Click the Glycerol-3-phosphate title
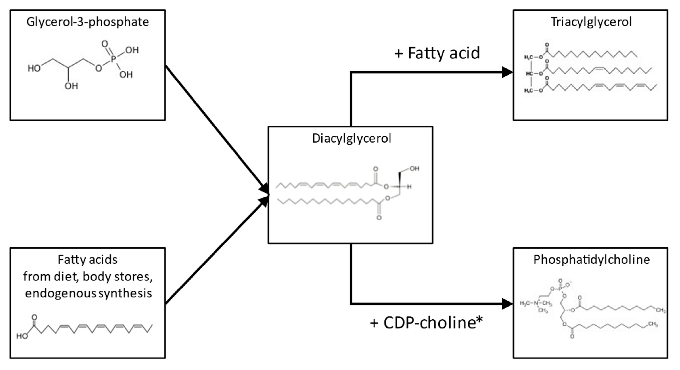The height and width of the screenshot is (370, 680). click(x=87, y=22)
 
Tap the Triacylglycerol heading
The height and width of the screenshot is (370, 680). click(x=591, y=22)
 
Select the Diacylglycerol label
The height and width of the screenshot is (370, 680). click(x=351, y=139)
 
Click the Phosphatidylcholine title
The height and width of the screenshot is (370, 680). click(x=592, y=260)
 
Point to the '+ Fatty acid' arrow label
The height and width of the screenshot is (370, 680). click(x=437, y=53)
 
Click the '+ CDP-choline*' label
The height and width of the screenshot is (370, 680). click(x=426, y=323)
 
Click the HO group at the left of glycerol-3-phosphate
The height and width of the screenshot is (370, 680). click(x=34, y=69)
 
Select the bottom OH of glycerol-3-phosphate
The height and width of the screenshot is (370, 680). click(x=71, y=86)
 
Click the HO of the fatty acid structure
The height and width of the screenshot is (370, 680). click(x=22, y=336)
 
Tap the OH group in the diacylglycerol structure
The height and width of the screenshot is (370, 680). click(x=414, y=169)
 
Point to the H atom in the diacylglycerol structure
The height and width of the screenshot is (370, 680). click(x=409, y=187)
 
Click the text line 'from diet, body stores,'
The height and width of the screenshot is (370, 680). click(x=88, y=277)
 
